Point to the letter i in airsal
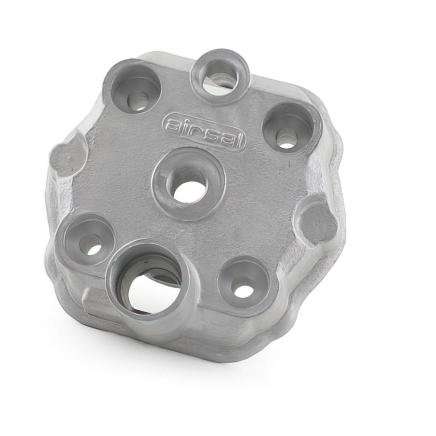186,127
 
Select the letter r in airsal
196,131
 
